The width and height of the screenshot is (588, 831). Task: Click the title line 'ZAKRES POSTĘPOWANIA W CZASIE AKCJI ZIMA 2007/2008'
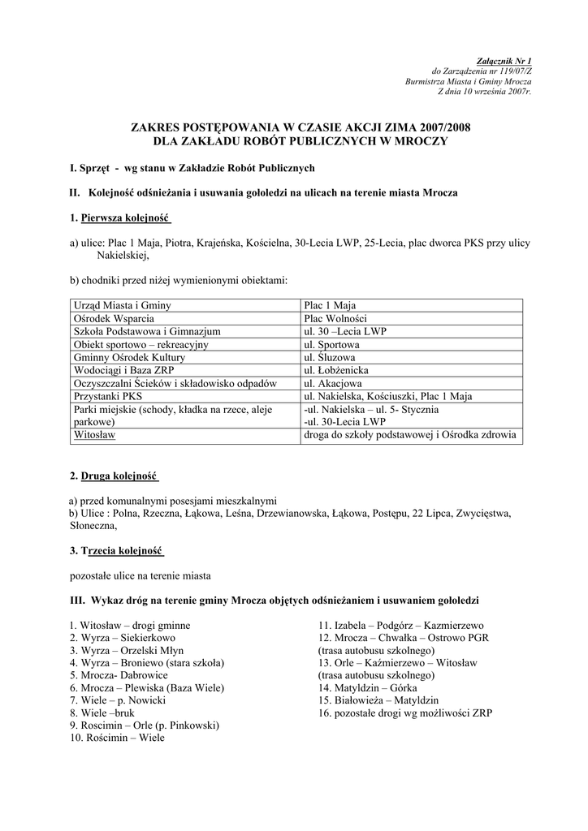point(301,127)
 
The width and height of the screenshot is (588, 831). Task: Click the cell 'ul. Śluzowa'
point(329,357)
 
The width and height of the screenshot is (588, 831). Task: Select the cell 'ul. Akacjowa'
point(333,383)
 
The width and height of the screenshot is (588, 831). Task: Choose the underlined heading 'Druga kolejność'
point(119,475)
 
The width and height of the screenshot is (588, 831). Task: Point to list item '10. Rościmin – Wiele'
point(117,738)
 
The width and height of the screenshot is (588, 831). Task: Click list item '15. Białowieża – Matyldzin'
point(378,700)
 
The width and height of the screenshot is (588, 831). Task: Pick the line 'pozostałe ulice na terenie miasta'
point(141,575)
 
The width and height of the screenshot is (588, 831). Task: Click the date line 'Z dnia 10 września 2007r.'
point(484,93)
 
